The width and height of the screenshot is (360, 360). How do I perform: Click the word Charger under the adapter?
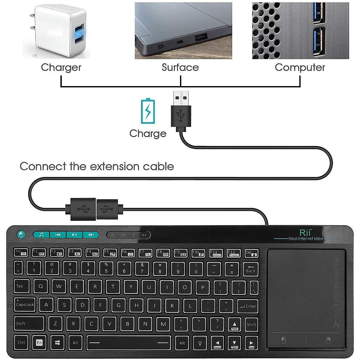(61, 67)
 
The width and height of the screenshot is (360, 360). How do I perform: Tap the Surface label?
(180, 67)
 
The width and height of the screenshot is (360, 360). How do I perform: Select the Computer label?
(300, 67)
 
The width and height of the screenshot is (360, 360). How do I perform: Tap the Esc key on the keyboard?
(21, 252)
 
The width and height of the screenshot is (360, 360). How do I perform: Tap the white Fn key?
(39, 342)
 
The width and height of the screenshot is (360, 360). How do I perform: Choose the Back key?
(250, 269)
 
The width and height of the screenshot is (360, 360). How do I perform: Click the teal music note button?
(41, 235)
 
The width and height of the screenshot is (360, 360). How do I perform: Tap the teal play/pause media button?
(75, 235)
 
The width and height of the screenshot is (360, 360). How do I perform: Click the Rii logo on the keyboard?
(306, 233)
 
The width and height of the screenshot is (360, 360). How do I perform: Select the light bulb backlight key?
(199, 342)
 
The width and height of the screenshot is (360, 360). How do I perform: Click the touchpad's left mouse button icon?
(284, 340)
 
